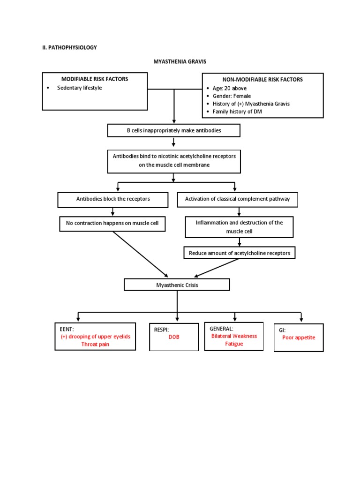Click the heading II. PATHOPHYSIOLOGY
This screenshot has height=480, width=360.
69,47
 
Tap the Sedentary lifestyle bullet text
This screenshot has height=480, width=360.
79,88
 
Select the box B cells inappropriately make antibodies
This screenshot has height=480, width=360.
173,131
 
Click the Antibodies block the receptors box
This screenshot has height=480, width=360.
113,199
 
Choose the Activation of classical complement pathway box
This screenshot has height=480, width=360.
238,199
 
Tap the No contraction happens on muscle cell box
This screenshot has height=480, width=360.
112,224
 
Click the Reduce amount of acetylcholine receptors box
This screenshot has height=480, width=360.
240,253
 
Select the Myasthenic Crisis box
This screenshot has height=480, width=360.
177,285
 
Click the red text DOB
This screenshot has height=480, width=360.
174,337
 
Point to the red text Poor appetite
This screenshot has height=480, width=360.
299,337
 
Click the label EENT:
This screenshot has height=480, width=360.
67,329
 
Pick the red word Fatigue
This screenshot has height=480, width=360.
233,344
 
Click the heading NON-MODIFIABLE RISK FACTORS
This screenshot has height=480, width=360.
262,80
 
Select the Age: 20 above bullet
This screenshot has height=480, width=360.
229,88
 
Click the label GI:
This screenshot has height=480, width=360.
282,330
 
